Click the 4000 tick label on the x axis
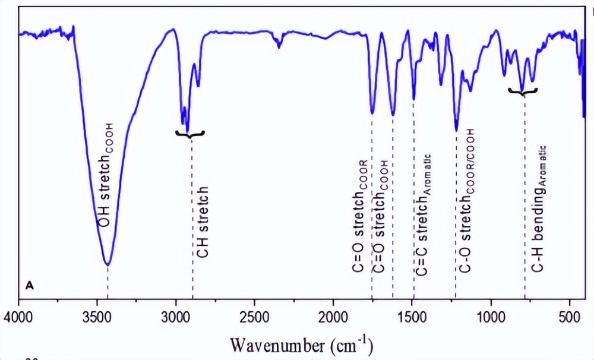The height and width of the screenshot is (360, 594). click(x=20, y=313)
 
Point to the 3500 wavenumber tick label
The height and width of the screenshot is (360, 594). click(x=98, y=313)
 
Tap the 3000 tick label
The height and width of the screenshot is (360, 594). click(x=176, y=313)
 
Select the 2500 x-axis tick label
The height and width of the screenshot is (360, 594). click(x=255, y=313)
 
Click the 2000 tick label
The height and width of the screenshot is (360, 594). click(x=334, y=313)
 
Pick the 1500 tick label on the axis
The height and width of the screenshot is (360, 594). click(x=412, y=313)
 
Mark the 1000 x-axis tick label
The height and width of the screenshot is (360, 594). click(x=491, y=313)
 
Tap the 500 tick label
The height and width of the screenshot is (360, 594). click(x=570, y=313)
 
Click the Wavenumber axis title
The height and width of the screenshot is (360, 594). click(x=302, y=344)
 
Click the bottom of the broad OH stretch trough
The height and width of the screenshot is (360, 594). click(x=108, y=264)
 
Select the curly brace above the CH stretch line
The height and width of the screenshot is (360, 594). click(x=190, y=134)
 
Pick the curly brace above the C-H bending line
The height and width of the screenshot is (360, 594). click(x=523, y=91)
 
